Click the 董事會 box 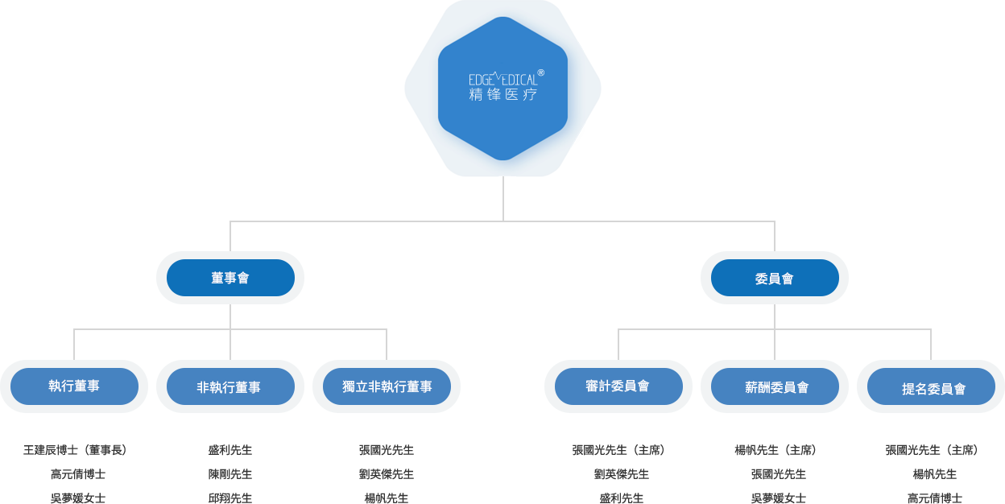click(x=230, y=278)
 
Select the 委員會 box click(x=775, y=278)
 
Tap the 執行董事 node click(x=74, y=386)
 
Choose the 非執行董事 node click(x=230, y=387)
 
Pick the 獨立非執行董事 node click(x=387, y=386)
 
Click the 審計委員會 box click(x=618, y=386)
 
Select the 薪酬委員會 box click(x=775, y=387)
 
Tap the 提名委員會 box click(x=932, y=388)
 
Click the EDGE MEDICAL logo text click(x=502, y=80)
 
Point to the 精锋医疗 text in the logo click(x=502, y=95)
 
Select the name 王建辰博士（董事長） click(x=75, y=450)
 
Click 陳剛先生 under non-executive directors click(x=230, y=474)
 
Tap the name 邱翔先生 click(x=230, y=498)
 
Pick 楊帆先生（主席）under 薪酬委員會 click(x=775, y=450)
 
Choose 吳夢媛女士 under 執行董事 click(x=77, y=498)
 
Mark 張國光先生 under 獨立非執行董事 click(x=387, y=450)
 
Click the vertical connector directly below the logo click(x=503, y=197)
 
